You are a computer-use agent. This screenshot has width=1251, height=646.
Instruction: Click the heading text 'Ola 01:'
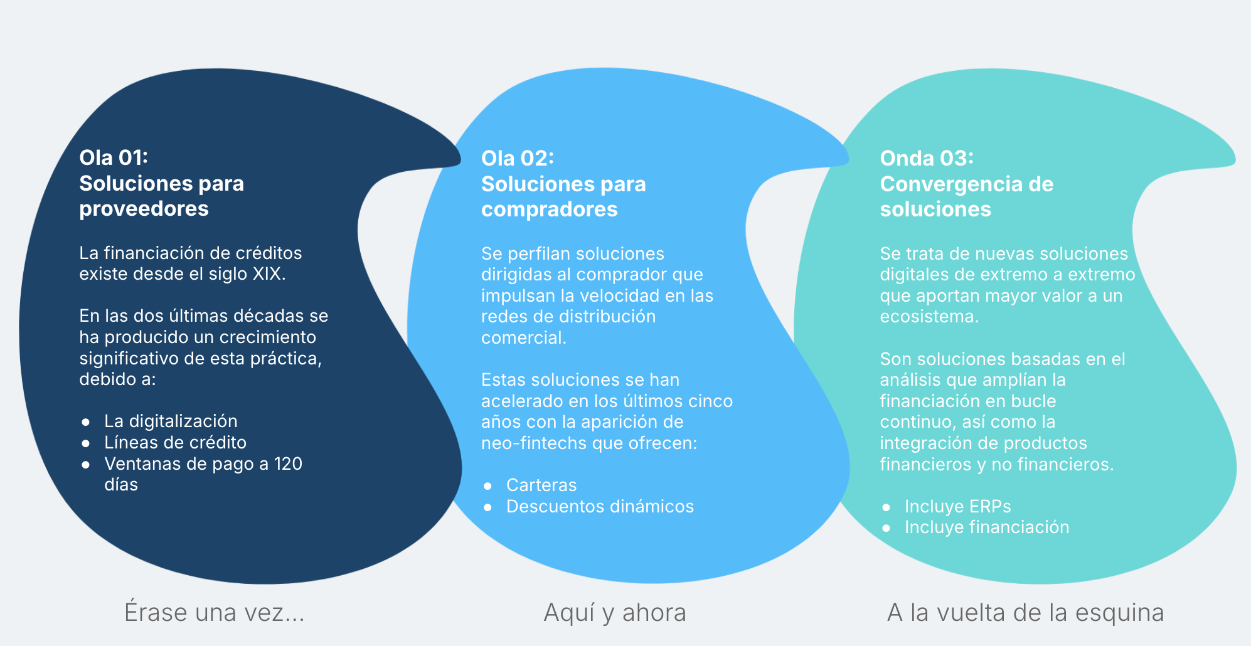(x=114, y=157)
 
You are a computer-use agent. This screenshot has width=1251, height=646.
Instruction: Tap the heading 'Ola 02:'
(x=518, y=158)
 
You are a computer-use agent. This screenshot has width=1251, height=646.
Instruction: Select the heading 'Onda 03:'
(x=927, y=158)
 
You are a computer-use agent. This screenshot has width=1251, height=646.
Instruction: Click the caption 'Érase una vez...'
(x=215, y=612)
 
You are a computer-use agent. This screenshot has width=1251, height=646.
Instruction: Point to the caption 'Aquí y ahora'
(x=615, y=613)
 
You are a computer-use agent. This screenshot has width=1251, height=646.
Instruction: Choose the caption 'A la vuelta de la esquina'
(x=1026, y=613)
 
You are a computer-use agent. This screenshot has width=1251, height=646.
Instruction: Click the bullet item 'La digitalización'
(x=171, y=421)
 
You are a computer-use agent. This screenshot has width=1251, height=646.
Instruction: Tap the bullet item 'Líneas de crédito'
(x=175, y=442)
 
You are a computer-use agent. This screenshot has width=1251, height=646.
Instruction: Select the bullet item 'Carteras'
(x=541, y=485)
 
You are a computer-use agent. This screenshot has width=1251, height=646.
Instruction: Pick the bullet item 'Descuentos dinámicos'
(x=600, y=506)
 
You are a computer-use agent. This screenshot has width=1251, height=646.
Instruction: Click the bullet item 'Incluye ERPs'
(x=957, y=506)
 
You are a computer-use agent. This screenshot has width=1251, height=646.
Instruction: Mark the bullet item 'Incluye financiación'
(x=987, y=527)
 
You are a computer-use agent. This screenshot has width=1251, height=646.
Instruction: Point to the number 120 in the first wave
(x=288, y=463)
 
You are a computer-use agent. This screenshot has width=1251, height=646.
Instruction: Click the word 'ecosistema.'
(x=929, y=316)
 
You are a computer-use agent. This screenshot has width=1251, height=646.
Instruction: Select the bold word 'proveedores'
(x=144, y=208)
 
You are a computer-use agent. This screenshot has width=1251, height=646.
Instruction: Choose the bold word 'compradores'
(x=549, y=209)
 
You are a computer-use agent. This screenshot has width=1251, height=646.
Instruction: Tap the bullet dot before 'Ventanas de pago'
(x=86, y=464)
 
